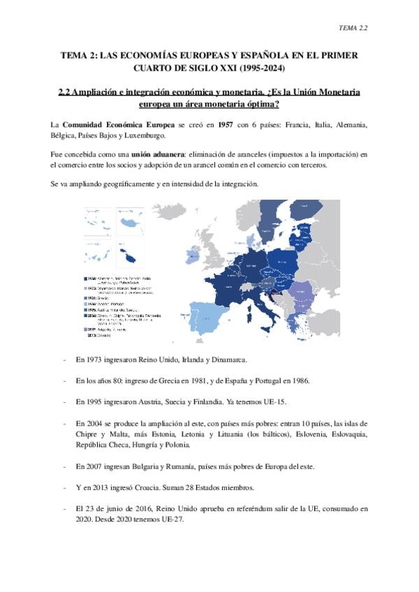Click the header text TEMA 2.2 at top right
click(x=353, y=27)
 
